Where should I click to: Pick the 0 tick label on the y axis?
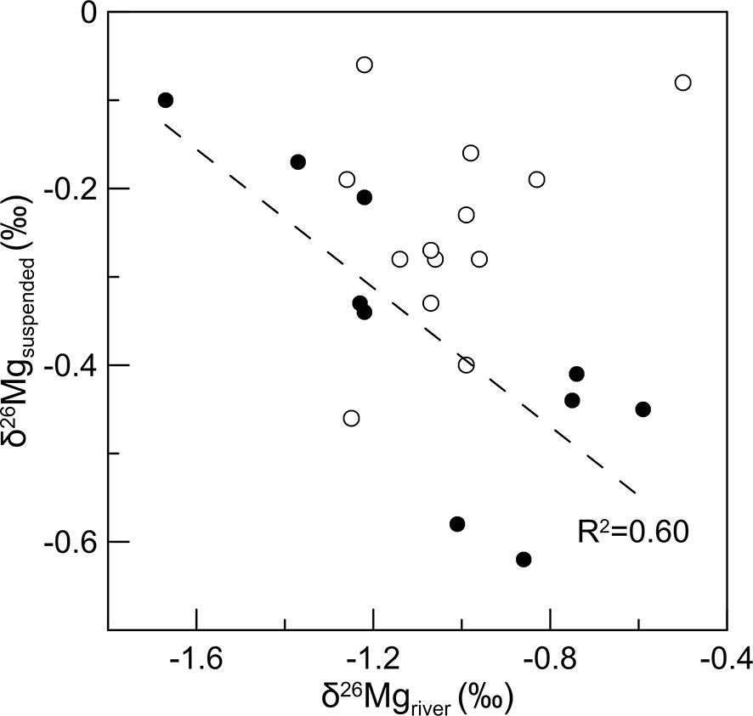pos(88,13)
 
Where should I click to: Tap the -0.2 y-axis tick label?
pos(71,189)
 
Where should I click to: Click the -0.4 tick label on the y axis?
pos(71,365)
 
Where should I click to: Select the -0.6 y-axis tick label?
pos(71,542)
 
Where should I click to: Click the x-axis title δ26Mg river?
pos(417,696)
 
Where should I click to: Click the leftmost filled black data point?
pos(166,100)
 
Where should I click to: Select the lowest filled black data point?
pos(524,559)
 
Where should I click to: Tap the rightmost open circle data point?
pos(682,82)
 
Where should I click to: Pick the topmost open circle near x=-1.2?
pos(365,65)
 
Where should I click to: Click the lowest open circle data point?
pos(351,418)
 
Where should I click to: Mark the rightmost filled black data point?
pos(643,409)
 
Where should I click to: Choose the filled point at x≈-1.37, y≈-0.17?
pos(297,161)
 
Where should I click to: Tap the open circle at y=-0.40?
pos(466,365)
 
